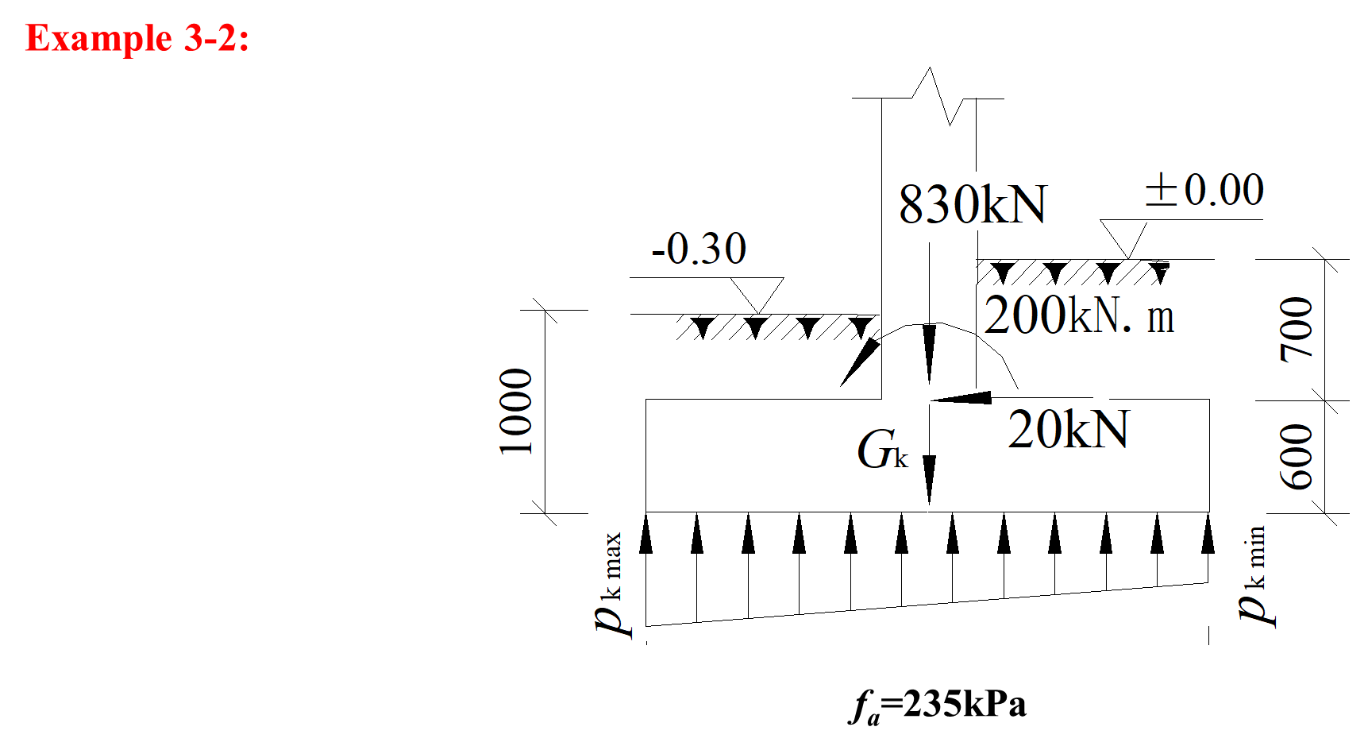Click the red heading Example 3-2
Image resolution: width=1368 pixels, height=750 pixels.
[137, 38]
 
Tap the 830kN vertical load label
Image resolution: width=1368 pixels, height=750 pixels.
[973, 205]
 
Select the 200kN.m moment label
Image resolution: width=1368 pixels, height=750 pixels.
[1078, 315]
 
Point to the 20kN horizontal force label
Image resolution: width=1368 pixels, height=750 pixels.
[1068, 431]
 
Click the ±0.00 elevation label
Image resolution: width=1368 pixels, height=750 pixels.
[1204, 190]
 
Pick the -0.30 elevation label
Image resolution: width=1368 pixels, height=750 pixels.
[699, 249]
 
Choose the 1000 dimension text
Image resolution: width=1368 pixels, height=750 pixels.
[516, 412]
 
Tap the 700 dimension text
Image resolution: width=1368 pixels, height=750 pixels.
[1297, 329]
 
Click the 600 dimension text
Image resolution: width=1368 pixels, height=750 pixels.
[1297, 456]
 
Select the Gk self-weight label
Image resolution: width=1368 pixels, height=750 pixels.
[882, 450]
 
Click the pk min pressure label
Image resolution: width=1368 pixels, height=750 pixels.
[1254, 576]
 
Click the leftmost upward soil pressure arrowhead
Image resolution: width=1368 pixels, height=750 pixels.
[645, 534]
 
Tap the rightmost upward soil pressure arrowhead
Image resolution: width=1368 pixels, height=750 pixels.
[1208, 534]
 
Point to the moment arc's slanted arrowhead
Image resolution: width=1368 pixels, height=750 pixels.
[857, 363]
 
